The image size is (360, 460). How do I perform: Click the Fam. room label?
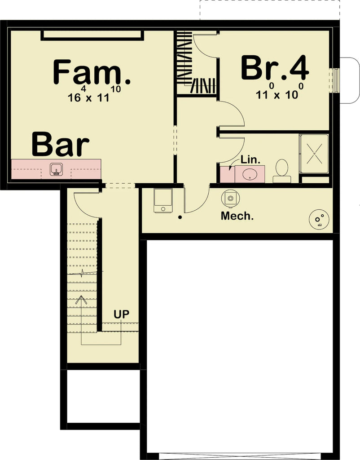click(92, 73)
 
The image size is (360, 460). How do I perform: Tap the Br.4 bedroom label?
click(275, 68)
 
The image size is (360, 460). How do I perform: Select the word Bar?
click(60, 144)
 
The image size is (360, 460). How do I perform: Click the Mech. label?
click(237, 216)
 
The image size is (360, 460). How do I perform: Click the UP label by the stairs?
click(121, 314)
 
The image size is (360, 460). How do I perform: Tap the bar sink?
click(56, 169)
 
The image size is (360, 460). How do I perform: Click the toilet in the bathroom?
click(282, 170)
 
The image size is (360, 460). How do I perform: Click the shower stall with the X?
click(314, 154)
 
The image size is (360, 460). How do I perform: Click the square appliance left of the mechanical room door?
click(163, 200)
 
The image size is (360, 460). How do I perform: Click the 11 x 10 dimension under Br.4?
click(277, 94)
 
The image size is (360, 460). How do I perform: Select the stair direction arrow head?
click(82, 299)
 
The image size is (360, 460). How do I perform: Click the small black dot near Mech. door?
click(180, 217)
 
